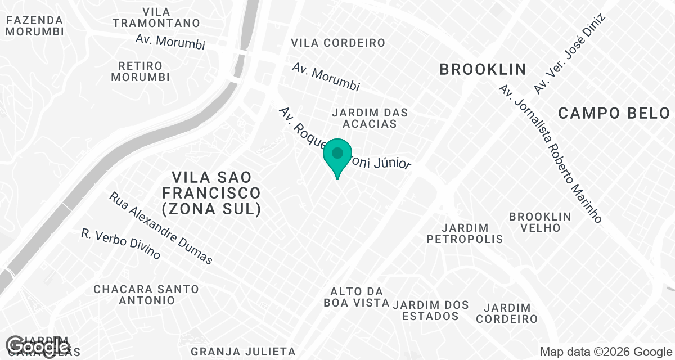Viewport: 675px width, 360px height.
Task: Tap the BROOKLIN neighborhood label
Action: pos(483,70)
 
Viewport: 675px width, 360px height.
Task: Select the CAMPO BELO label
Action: pos(614,114)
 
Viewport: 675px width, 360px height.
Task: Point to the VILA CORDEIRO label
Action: pos(338,43)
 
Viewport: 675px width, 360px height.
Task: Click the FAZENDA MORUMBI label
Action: pos(34,25)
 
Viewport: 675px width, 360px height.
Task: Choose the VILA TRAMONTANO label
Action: pos(156,17)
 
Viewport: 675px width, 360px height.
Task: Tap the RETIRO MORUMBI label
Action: pos(140,71)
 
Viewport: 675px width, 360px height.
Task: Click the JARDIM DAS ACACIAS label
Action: pos(370,118)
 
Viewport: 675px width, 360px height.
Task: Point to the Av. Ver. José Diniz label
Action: pos(569,54)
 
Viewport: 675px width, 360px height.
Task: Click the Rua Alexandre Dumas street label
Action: pos(161,228)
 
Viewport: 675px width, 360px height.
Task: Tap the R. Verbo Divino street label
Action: pos(121,244)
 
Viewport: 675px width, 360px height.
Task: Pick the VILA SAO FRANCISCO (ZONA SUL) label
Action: pos(211,193)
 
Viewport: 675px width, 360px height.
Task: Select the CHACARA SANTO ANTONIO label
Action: pos(146,294)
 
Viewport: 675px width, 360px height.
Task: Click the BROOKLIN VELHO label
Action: pos(540,222)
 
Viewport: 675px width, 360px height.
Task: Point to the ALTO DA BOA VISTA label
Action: pos(357,297)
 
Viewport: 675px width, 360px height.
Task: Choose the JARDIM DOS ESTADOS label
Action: pos(431,310)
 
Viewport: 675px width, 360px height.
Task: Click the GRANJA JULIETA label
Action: pos(243,352)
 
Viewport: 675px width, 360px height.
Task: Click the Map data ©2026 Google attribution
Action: pos(605,352)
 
